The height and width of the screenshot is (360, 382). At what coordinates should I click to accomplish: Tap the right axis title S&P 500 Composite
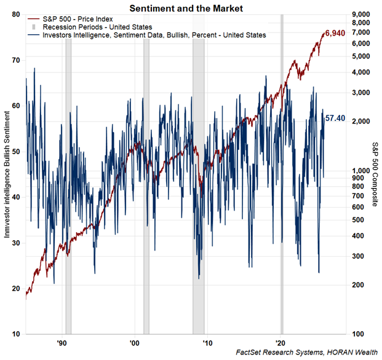(375, 174)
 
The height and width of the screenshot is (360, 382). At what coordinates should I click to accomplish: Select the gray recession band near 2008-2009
(198, 184)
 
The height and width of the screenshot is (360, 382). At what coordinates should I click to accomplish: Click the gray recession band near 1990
(68, 184)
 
